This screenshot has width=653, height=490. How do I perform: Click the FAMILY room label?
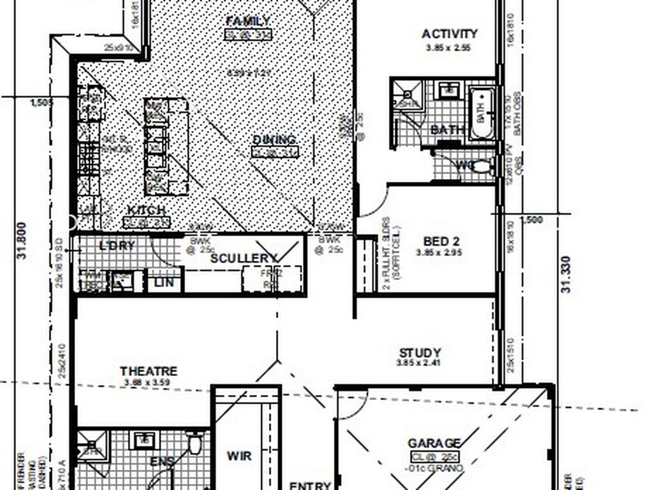(248, 21)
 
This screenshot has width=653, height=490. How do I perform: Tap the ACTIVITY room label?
(449, 34)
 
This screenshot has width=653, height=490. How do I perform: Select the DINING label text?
(274, 140)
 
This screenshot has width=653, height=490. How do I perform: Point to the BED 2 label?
(441, 241)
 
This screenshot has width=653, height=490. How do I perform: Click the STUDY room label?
(420, 353)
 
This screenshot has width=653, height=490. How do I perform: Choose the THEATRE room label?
(148, 371)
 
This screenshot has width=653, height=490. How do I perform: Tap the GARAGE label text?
(434, 443)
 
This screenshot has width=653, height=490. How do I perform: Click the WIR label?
(239, 456)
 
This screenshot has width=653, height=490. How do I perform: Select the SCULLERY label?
(243, 258)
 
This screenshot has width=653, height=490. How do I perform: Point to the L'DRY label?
(117, 246)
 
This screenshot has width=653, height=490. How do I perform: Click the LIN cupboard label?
(164, 283)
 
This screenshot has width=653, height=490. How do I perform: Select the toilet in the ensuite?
(195, 444)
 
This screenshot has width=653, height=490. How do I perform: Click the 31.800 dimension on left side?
(21, 240)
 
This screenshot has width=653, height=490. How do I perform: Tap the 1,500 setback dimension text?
(532, 220)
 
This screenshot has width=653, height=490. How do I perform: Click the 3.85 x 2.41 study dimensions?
(418, 362)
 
